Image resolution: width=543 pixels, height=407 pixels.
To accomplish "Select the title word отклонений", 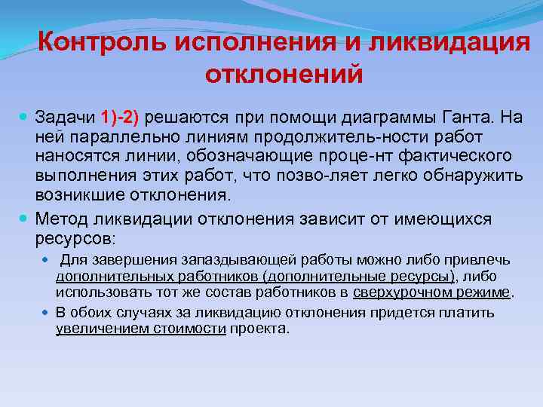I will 284,75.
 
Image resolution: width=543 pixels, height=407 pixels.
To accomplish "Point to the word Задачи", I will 64,118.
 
